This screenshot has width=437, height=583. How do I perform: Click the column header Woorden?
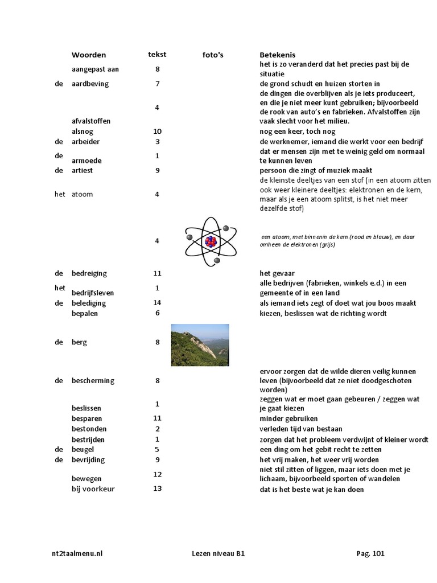click(x=88, y=55)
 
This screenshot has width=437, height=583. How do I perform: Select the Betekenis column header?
click(x=277, y=55)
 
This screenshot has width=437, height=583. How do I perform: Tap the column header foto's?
click(x=213, y=55)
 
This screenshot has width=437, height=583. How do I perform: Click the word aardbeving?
click(x=90, y=84)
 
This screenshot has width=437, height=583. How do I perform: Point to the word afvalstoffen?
click(x=91, y=121)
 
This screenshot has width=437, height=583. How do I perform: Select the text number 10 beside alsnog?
click(x=158, y=132)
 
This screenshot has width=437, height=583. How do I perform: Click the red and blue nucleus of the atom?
click(x=211, y=241)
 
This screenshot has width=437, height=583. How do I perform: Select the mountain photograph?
click(x=200, y=345)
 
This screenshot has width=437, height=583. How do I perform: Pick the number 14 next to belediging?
click(x=158, y=303)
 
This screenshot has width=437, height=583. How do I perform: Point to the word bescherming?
click(x=93, y=381)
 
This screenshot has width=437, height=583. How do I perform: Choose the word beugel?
click(x=83, y=449)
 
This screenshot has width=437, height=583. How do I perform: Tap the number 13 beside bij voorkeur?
click(x=158, y=488)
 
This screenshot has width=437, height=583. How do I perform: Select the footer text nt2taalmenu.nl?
click(x=76, y=553)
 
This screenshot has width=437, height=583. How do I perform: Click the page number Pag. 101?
click(x=370, y=553)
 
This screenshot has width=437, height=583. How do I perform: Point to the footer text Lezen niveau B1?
click(x=219, y=553)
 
